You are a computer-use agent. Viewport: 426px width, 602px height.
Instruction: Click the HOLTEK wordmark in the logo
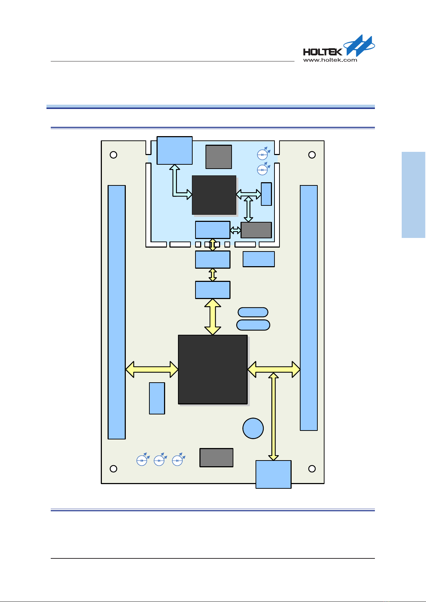click(322, 51)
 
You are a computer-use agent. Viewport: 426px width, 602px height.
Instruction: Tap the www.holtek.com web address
click(330, 60)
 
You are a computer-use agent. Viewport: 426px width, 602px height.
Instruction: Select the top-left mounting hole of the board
click(113, 155)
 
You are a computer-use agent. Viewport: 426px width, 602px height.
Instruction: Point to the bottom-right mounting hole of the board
click(312, 469)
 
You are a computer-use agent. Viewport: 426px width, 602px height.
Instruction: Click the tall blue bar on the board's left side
click(117, 312)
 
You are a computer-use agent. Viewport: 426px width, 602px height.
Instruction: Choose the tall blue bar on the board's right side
click(308, 308)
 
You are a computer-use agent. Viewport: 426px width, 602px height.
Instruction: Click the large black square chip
click(213, 369)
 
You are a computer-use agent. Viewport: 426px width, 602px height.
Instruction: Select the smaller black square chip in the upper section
click(214, 195)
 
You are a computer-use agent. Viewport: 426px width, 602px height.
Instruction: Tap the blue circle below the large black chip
click(253, 428)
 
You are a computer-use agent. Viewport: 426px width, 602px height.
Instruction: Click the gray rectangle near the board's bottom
click(216, 458)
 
